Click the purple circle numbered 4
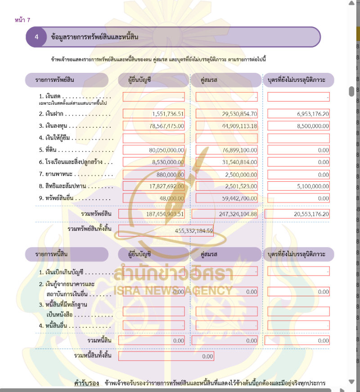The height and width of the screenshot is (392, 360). [x=37, y=37]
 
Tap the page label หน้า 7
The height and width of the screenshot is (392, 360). [x=22, y=20]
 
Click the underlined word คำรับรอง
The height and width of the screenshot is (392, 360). [x=86, y=383]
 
